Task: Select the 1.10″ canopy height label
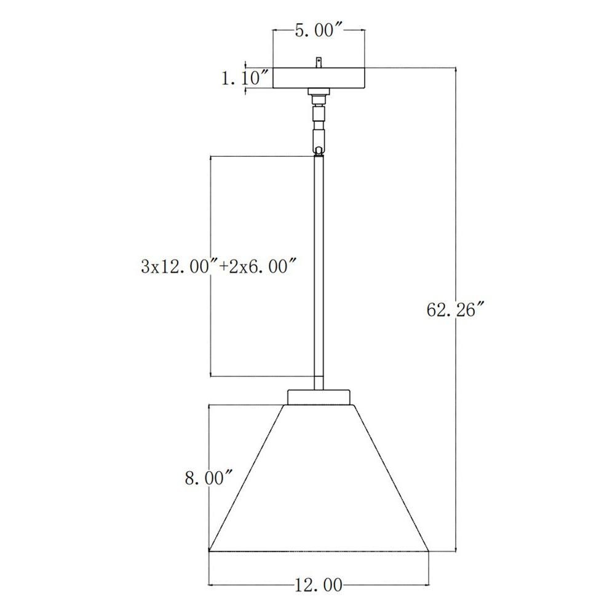coord(246,79)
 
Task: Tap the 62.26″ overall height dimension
coord(456,310)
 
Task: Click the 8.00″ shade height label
coord(209,478)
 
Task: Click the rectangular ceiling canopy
coord(319,78)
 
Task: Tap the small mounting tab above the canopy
coord(319,63)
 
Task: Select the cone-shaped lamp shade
coord(319,478)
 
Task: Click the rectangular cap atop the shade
coord(319,397)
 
